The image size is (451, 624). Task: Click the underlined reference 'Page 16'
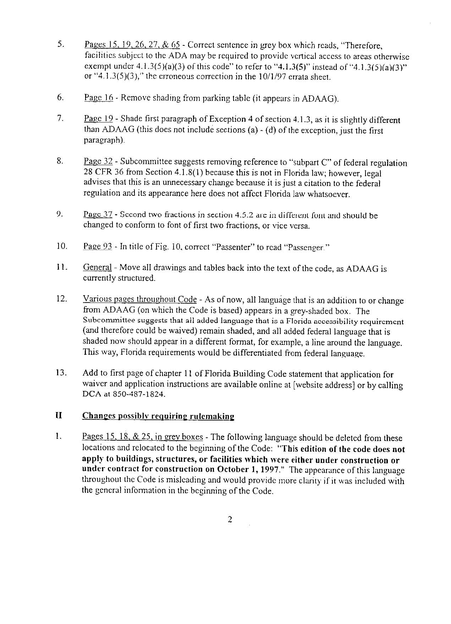click(98, 98)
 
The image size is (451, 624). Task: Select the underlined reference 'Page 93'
click(98, 247)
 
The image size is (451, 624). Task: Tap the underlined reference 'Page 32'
click(98, 161)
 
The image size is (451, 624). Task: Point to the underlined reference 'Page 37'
click(98, 214)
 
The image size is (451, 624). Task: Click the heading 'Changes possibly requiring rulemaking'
click(158, 416)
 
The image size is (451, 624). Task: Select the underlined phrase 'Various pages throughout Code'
click(139, 299)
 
